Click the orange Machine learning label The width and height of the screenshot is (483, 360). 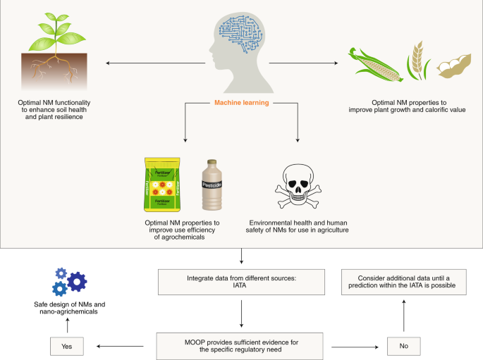click(x=241, y=104)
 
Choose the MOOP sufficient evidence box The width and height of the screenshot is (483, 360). click(x=242, y=345)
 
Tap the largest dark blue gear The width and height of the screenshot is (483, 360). click(x=76, y=281)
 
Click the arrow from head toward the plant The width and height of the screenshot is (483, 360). click(x=155, y=63)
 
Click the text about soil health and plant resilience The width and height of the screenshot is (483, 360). click(x=68, y=109)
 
